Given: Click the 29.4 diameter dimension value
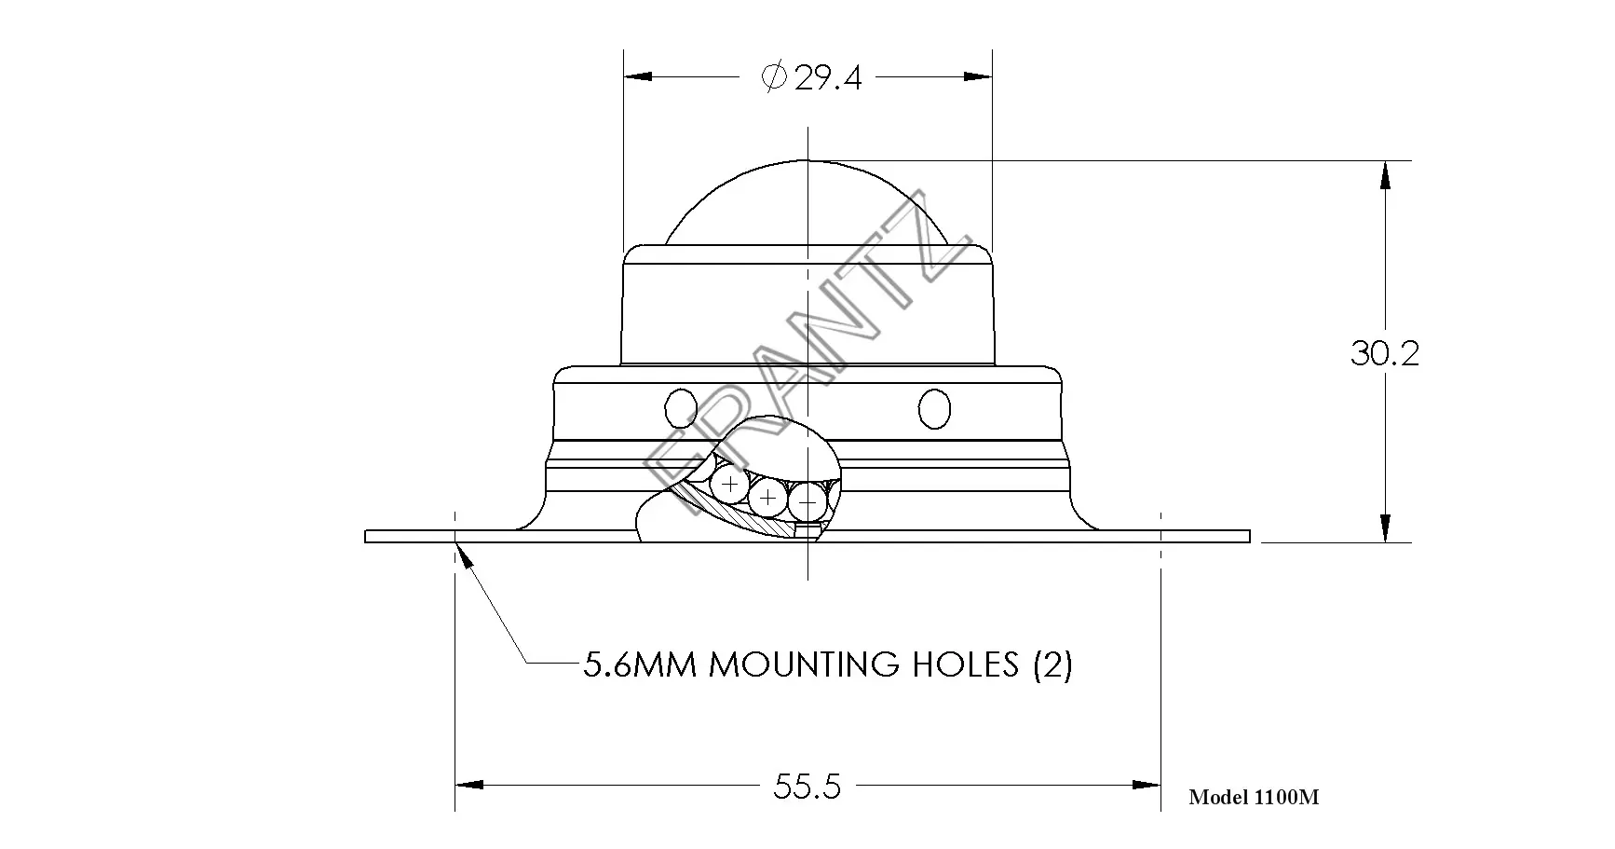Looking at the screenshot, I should point(828,78).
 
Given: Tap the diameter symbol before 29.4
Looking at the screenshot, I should point(774,77).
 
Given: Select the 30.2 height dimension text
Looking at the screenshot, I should point(1384,353).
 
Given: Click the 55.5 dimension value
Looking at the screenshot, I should point(807,787).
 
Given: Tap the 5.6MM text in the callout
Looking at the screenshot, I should point(639,664).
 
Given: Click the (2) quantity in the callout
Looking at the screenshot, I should point(1052,664).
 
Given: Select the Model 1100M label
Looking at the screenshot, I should point(1253,797).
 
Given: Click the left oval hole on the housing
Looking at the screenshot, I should point(681,407).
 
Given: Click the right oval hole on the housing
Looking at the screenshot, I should point(934,407).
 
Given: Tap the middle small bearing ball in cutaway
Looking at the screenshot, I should point(767,499).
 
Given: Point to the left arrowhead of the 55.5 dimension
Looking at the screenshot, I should point(469,786).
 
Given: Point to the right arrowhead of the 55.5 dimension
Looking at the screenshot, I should point(1147,786).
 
